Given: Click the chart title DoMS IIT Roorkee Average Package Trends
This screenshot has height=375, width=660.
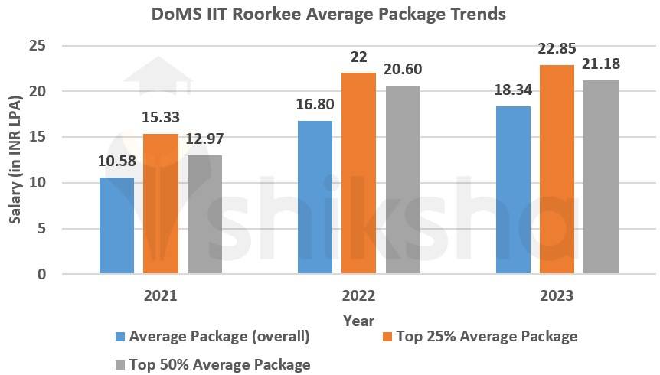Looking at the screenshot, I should point(329,14).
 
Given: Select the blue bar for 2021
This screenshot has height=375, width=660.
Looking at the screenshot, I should point(116,226).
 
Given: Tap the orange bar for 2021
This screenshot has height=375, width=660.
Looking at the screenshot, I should point(161,204).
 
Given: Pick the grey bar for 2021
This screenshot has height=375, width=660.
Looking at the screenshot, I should point(204,214).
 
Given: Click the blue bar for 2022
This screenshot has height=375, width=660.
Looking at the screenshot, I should point(315,197).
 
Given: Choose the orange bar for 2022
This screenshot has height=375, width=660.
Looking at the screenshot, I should point(358,173).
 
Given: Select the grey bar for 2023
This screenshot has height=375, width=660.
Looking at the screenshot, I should point(600,177).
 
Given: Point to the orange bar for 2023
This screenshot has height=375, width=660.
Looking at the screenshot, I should point(557,169).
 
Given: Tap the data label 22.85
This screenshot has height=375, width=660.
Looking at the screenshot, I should point(558,50).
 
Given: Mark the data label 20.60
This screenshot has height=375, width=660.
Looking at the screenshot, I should point(403,70).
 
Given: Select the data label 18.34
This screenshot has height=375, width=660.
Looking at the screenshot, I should point(514,90).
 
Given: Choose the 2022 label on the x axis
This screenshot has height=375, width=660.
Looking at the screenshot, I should point(358,296).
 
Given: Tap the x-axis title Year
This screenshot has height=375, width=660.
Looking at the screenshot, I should point(358,320).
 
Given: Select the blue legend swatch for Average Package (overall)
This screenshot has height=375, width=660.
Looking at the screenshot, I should point(119,337).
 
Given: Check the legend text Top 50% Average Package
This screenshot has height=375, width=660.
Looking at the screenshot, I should point(220,364).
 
